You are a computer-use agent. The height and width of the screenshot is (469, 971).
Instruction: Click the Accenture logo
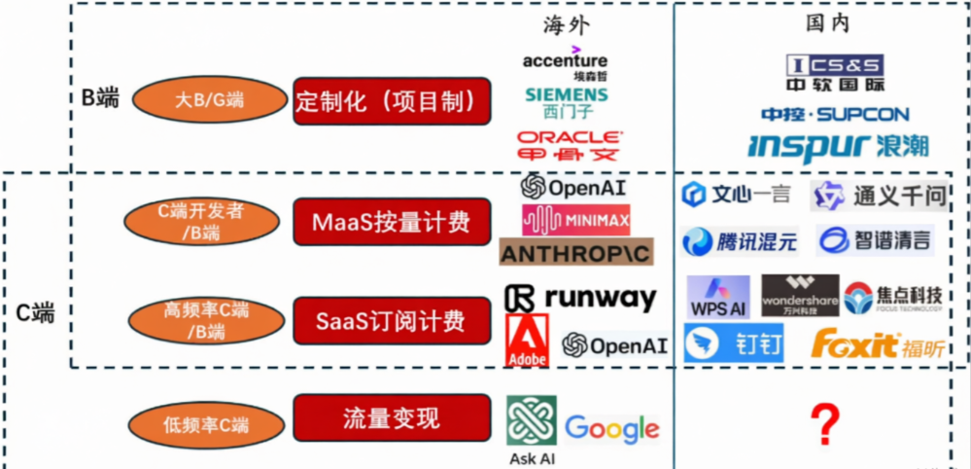point(565,64)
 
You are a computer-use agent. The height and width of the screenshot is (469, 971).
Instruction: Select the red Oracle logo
point(570,145)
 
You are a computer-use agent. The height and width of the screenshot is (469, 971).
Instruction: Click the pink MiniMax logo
point(575,219)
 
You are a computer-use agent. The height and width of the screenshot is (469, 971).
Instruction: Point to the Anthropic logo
point(575,253)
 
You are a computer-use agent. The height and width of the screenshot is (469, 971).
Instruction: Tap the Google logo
point(611,428)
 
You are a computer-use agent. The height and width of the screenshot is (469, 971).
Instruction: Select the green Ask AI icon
point(532,420)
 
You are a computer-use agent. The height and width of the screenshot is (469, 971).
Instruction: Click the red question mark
point(824,424)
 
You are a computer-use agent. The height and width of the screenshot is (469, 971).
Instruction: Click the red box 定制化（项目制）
point(392,101)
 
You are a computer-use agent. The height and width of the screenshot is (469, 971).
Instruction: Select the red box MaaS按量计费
point(392,222)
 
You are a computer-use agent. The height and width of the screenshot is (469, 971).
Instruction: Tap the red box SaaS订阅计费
point(392,320)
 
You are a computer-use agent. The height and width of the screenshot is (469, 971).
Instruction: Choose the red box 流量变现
point(392,418)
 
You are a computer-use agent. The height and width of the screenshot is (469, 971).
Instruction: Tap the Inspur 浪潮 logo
point(838,146)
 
